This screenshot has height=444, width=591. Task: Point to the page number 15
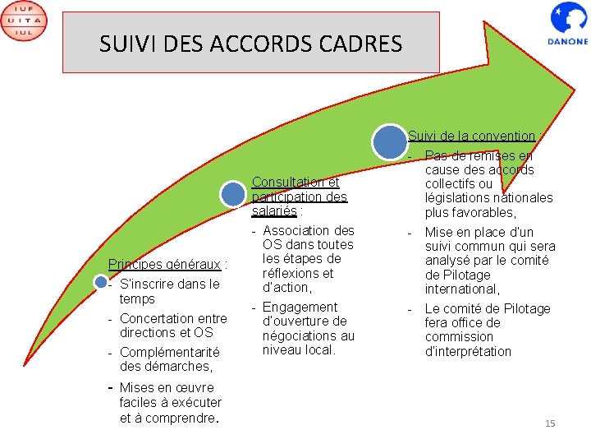tap(550, 423)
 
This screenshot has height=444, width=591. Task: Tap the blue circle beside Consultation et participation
tap(234, 195)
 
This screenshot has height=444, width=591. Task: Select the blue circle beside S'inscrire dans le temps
tap(100, 283)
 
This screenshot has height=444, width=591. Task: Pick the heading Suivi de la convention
tap(471, 136)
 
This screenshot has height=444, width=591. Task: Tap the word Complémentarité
tap(169, 353)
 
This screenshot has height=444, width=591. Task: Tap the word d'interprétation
tap(468, 351)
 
